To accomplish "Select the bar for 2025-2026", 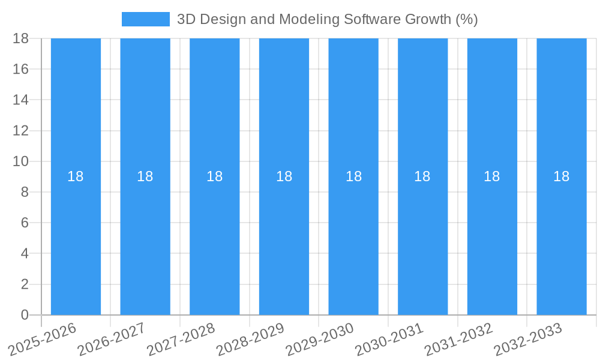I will (x=76, y=240).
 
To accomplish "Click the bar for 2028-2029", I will (x=284, y=240).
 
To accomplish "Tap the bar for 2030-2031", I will (x=422, y=240).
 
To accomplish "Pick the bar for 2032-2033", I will (x=562, y=240).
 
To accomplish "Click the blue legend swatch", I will (x=145, y=19).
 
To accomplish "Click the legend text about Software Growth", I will (x=327, y=19).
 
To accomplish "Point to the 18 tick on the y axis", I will (x=20, y=38).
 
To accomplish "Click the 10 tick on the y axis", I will (x=20, y=161).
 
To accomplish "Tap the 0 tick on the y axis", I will (x=25, y=315).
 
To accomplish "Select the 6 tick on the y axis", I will (x=25, y=223).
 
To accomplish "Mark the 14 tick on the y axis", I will (x=20, y=100).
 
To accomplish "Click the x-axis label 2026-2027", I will (x=112, y=339).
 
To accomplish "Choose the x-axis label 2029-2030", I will (x=320, y=339).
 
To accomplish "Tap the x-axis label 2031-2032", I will (x=459, y=339).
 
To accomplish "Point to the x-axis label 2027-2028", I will (x=181, y=339).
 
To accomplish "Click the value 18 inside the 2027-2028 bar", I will (x=215, y=176).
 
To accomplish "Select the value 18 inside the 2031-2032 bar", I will (x=492, y=176).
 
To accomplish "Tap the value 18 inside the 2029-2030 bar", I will (x=353, y=176).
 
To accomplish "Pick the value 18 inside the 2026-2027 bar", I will (x=145, y=176).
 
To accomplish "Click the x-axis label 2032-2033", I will (x=528, y=339).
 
